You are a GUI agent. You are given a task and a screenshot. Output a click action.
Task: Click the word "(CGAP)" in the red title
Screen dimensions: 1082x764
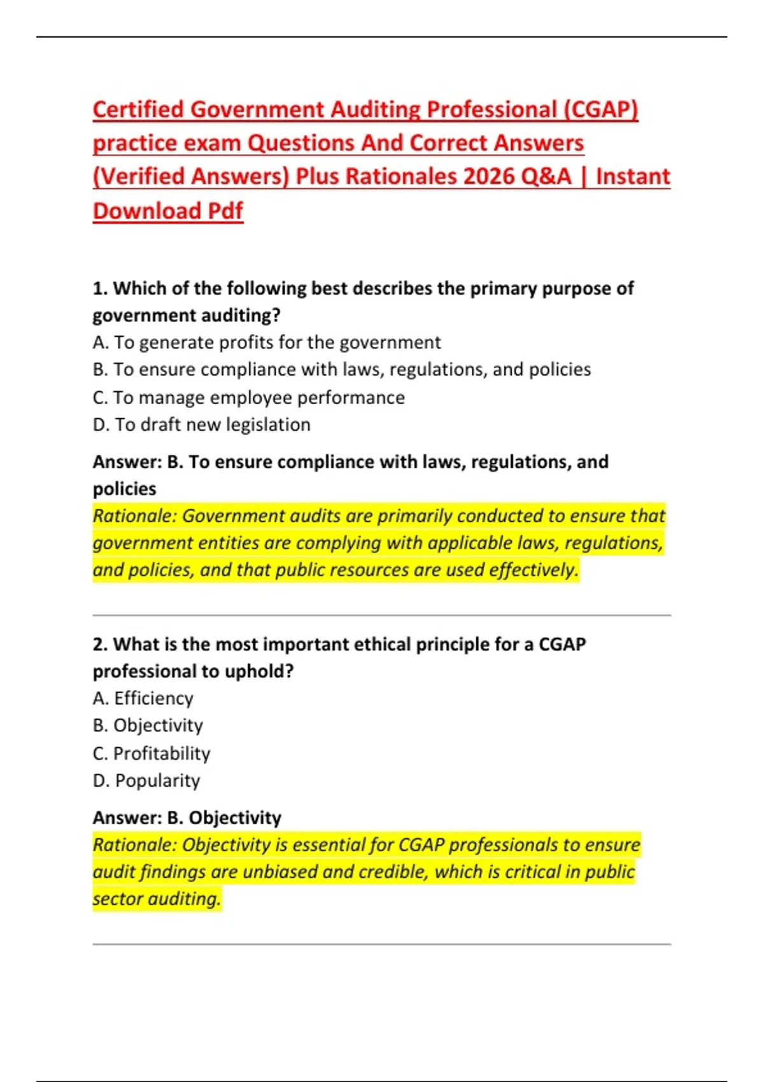(600, 109)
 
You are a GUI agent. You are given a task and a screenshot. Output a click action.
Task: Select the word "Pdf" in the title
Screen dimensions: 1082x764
(226, 211)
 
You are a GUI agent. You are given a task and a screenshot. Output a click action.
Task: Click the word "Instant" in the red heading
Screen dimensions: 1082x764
(633, 176)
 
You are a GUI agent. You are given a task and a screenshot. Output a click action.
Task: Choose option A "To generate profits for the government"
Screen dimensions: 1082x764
(267, 342)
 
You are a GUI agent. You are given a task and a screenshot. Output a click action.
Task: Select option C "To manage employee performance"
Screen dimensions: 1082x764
(248, 398)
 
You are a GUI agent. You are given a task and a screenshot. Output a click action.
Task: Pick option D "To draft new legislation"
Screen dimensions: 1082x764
(202, 425)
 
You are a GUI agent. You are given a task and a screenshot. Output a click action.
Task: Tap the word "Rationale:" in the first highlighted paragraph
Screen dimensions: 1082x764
(134, 516)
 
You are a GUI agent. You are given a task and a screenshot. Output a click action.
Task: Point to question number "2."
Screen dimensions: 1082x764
(101, 644)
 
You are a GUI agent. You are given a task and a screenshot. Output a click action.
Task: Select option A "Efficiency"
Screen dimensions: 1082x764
(143, 698)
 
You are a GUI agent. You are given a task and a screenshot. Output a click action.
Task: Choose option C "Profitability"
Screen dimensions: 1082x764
(152, 754)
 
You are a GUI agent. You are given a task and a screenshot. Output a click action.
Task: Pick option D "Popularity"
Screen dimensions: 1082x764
(146, 780)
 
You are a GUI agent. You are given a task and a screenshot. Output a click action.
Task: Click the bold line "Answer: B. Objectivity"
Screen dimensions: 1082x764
(187, 817)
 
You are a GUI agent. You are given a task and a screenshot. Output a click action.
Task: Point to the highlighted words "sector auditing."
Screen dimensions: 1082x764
(157, 899)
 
